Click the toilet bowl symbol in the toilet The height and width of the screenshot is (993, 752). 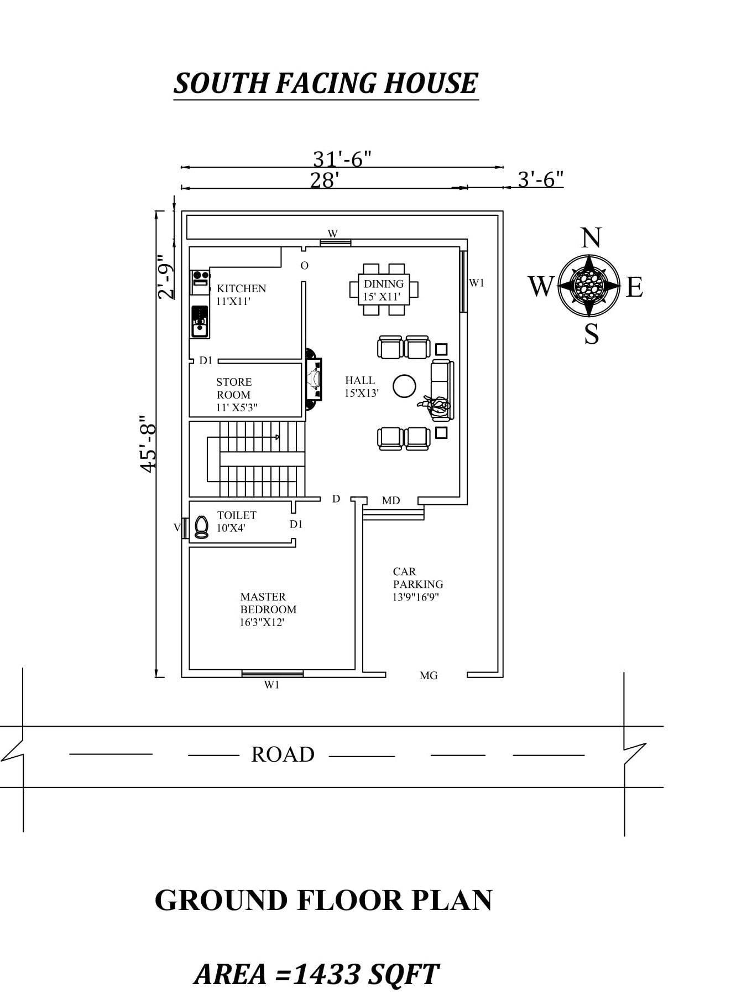[202, 527]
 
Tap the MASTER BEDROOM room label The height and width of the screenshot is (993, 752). [268, 609]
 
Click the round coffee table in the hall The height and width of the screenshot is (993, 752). [404, 386]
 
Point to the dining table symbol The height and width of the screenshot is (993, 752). [384, 289]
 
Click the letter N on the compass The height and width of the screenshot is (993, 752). [591, 238]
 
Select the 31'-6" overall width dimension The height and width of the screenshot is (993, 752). [342, 159]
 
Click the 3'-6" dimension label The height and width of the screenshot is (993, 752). [540, 179]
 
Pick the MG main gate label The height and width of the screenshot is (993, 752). [429, 675]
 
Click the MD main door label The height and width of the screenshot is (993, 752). [391, 500]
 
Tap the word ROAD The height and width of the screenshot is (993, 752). [283, 754]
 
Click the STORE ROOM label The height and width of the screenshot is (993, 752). [234, 389]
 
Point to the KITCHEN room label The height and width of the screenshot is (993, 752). [241, 288]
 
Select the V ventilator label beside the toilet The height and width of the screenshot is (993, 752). [177, 527]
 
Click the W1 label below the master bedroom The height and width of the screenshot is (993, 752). [271, 685]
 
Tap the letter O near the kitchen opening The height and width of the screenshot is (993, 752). [304, 266]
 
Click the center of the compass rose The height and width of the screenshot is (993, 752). [589, 286]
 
